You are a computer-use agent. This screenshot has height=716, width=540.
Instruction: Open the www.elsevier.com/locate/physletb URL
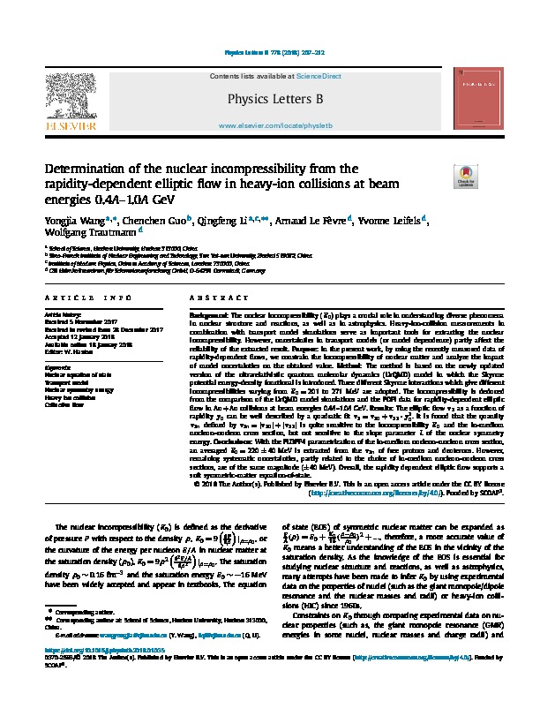[274, 127]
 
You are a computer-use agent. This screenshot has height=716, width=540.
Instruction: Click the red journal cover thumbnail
[478, 103]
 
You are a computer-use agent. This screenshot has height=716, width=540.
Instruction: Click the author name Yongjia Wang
[72, 220]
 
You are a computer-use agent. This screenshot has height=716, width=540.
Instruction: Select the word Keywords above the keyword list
[58, 366]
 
